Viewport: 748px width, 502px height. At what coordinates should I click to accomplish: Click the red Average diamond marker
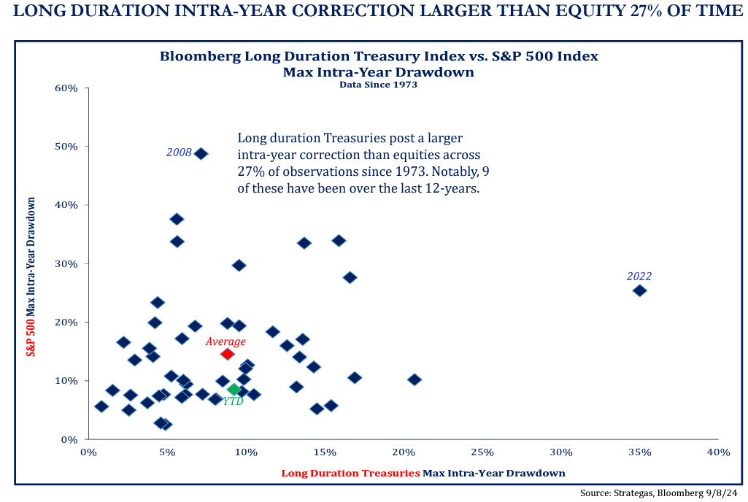[227, 354]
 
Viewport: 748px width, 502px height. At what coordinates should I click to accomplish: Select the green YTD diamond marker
[234, 390]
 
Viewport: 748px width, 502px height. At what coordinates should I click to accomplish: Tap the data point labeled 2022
[639, 290]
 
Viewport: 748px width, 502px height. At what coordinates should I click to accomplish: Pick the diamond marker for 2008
[201, 153]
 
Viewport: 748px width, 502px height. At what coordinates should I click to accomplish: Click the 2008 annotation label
[179, 152]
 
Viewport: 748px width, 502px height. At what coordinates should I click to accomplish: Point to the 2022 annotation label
[639, 277]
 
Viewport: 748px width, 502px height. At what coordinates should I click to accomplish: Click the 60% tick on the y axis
[66, 88]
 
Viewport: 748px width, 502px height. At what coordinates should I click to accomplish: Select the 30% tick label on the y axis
[66, 263]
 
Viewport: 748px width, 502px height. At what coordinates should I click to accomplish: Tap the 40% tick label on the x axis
[718, 452]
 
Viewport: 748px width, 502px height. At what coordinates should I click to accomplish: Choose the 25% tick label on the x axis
[482, 452]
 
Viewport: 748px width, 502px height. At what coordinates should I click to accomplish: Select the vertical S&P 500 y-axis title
[31, 276]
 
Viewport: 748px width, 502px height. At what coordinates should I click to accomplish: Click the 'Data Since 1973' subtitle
[378, 84]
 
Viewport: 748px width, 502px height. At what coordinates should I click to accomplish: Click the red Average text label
[225, 341]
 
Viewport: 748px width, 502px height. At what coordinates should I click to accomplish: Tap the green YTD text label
[233, 401]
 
